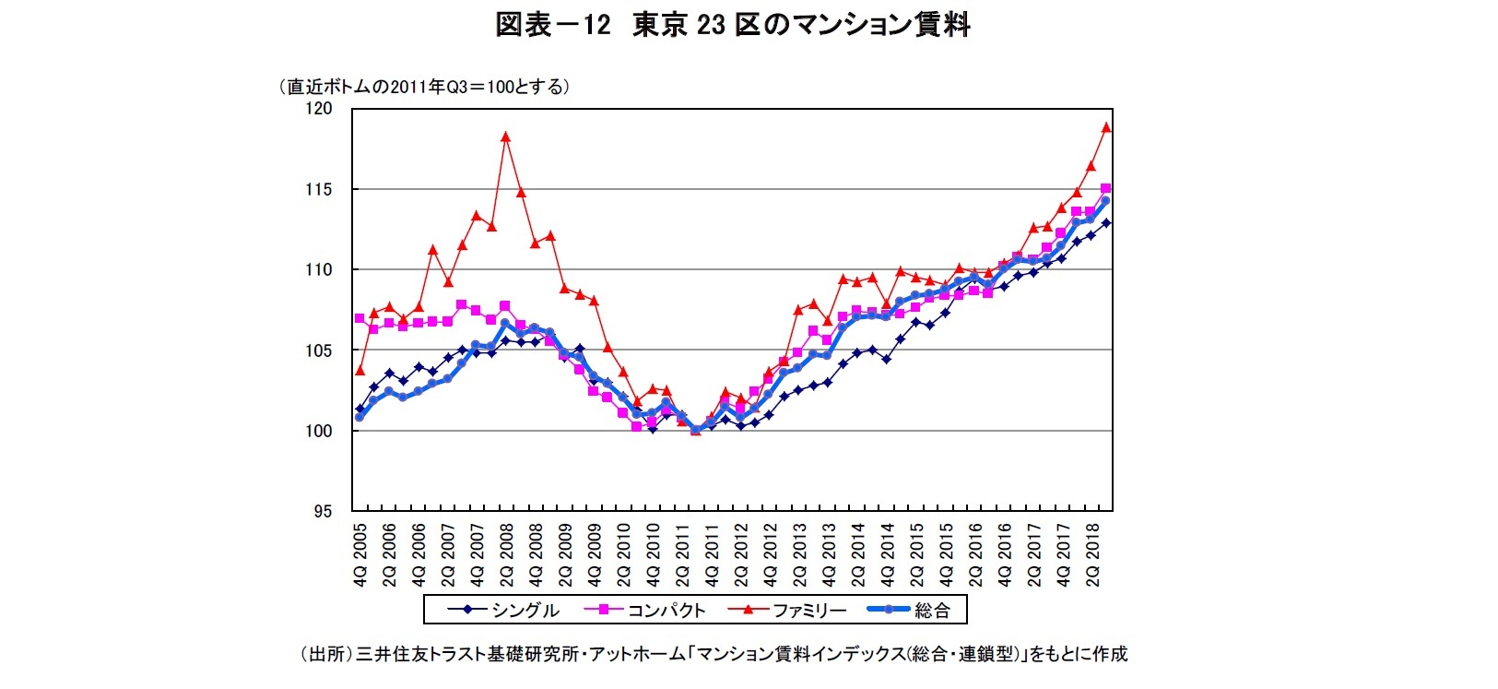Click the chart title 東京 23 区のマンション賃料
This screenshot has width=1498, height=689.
(800, 24)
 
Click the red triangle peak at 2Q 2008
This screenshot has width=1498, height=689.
(505, 137)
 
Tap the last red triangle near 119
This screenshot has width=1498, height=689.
(1105, 127)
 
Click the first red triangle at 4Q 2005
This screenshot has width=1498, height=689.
(360, 370)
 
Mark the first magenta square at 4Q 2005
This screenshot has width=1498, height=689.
(360, 318)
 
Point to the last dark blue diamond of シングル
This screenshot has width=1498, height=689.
(1105, 222)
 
